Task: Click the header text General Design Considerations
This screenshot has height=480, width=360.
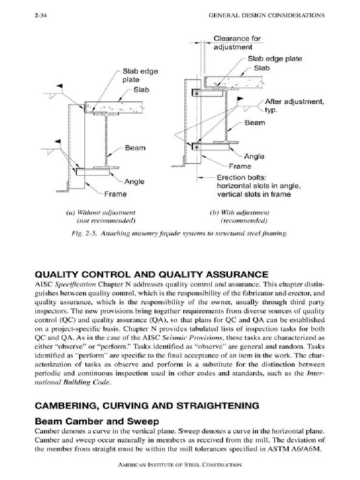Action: click(266, 15)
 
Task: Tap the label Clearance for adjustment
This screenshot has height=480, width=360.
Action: click(237, 43)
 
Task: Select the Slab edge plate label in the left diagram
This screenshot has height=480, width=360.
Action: click(140, 75)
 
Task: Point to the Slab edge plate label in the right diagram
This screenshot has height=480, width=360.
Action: click(275, 59)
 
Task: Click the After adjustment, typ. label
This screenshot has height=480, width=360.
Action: click(295, 106)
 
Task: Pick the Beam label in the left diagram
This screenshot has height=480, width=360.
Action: click(135, 148)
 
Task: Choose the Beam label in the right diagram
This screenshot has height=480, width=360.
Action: click(255, 123)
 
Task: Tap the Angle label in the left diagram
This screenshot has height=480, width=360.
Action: click(134, 181)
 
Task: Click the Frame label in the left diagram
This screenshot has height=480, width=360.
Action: click(115, 194)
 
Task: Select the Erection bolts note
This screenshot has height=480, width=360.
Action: click(258, 186)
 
